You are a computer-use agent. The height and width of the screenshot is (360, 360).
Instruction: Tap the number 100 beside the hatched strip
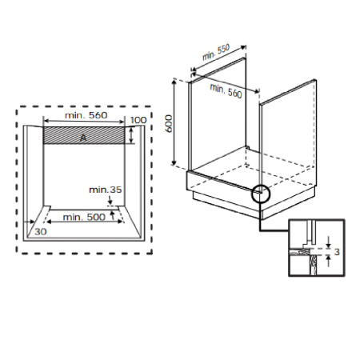[139, 120]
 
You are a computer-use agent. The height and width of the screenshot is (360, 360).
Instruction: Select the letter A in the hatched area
[82, 137]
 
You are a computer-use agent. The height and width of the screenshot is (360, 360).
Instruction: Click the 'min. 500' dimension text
[84, 218]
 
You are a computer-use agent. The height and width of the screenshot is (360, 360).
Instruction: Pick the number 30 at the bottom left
[41, 231]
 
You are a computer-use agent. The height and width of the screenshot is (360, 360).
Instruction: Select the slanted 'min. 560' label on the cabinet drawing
[226, 90]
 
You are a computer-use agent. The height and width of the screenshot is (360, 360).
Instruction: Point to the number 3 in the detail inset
[338, 252]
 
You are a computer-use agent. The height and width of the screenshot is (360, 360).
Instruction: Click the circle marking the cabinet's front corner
[261, 193]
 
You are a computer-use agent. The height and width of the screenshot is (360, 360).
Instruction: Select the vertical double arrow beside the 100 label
[130, 134]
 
